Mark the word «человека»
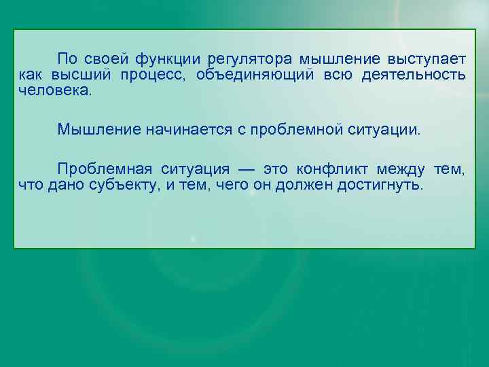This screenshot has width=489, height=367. click(x=54, y=89)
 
